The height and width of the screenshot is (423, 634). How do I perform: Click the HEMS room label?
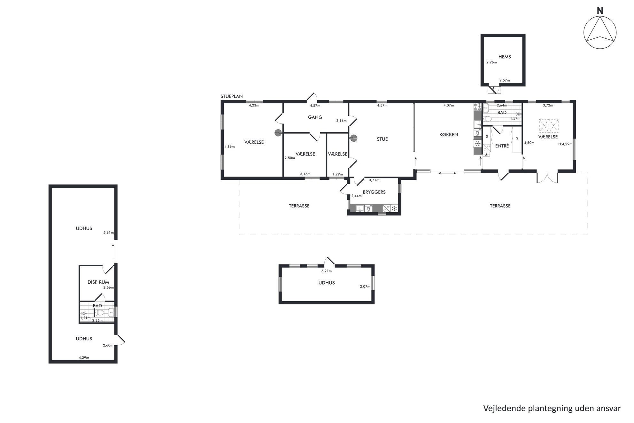(x=505, y=57)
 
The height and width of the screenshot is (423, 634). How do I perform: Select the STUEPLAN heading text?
(x=232, y=96)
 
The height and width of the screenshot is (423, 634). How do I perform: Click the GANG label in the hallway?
(x=315, y=117)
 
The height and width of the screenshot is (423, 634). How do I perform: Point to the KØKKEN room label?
(x=449, y=135)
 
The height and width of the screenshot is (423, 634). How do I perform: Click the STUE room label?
(x=382, y=139)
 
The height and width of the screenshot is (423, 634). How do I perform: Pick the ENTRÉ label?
(x=502, y=146)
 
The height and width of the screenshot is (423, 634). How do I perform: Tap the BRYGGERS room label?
(x=374, y=192)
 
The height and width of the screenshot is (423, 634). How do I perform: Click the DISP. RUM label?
(x=98, y=282)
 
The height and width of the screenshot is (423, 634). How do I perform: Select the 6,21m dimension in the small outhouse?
(x=327, y=271)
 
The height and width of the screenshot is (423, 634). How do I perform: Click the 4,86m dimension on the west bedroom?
(x=229, y=147)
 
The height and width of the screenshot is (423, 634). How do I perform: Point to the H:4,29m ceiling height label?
(x=565, y=144)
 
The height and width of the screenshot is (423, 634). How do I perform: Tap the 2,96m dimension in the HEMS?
(x=491, y=62)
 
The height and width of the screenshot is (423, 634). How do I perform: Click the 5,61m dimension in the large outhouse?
(x=109, y=233)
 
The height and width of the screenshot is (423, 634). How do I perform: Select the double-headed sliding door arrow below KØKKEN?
(x=447, y=173)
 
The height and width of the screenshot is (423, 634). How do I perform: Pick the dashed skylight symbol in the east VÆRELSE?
(x=549, y=126)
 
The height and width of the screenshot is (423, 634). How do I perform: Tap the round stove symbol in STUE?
(x=353, y=138)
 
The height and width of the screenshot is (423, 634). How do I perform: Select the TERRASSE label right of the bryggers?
(x=500, y=206)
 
